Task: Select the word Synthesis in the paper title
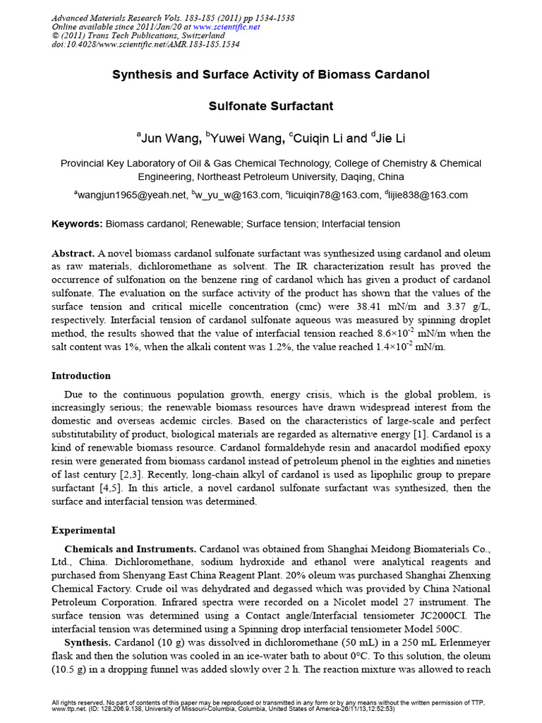(140, 75)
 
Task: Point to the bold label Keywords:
(78, 224)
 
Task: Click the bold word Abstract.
(73, 253)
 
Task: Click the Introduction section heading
(81, 376)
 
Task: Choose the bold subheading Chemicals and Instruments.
(130, 549)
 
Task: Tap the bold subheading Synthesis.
(87, 643)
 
